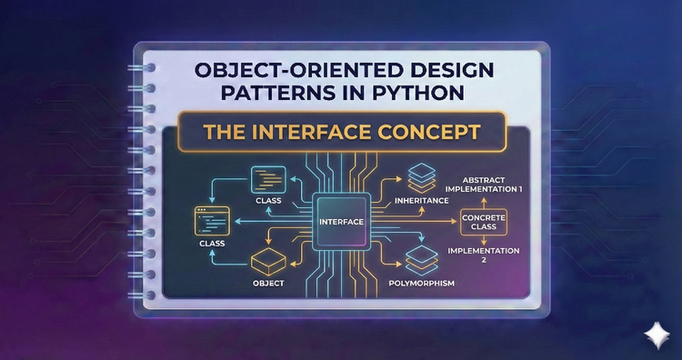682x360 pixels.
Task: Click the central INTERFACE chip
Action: (341, 221)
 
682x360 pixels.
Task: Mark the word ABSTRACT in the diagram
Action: (492, 177)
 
